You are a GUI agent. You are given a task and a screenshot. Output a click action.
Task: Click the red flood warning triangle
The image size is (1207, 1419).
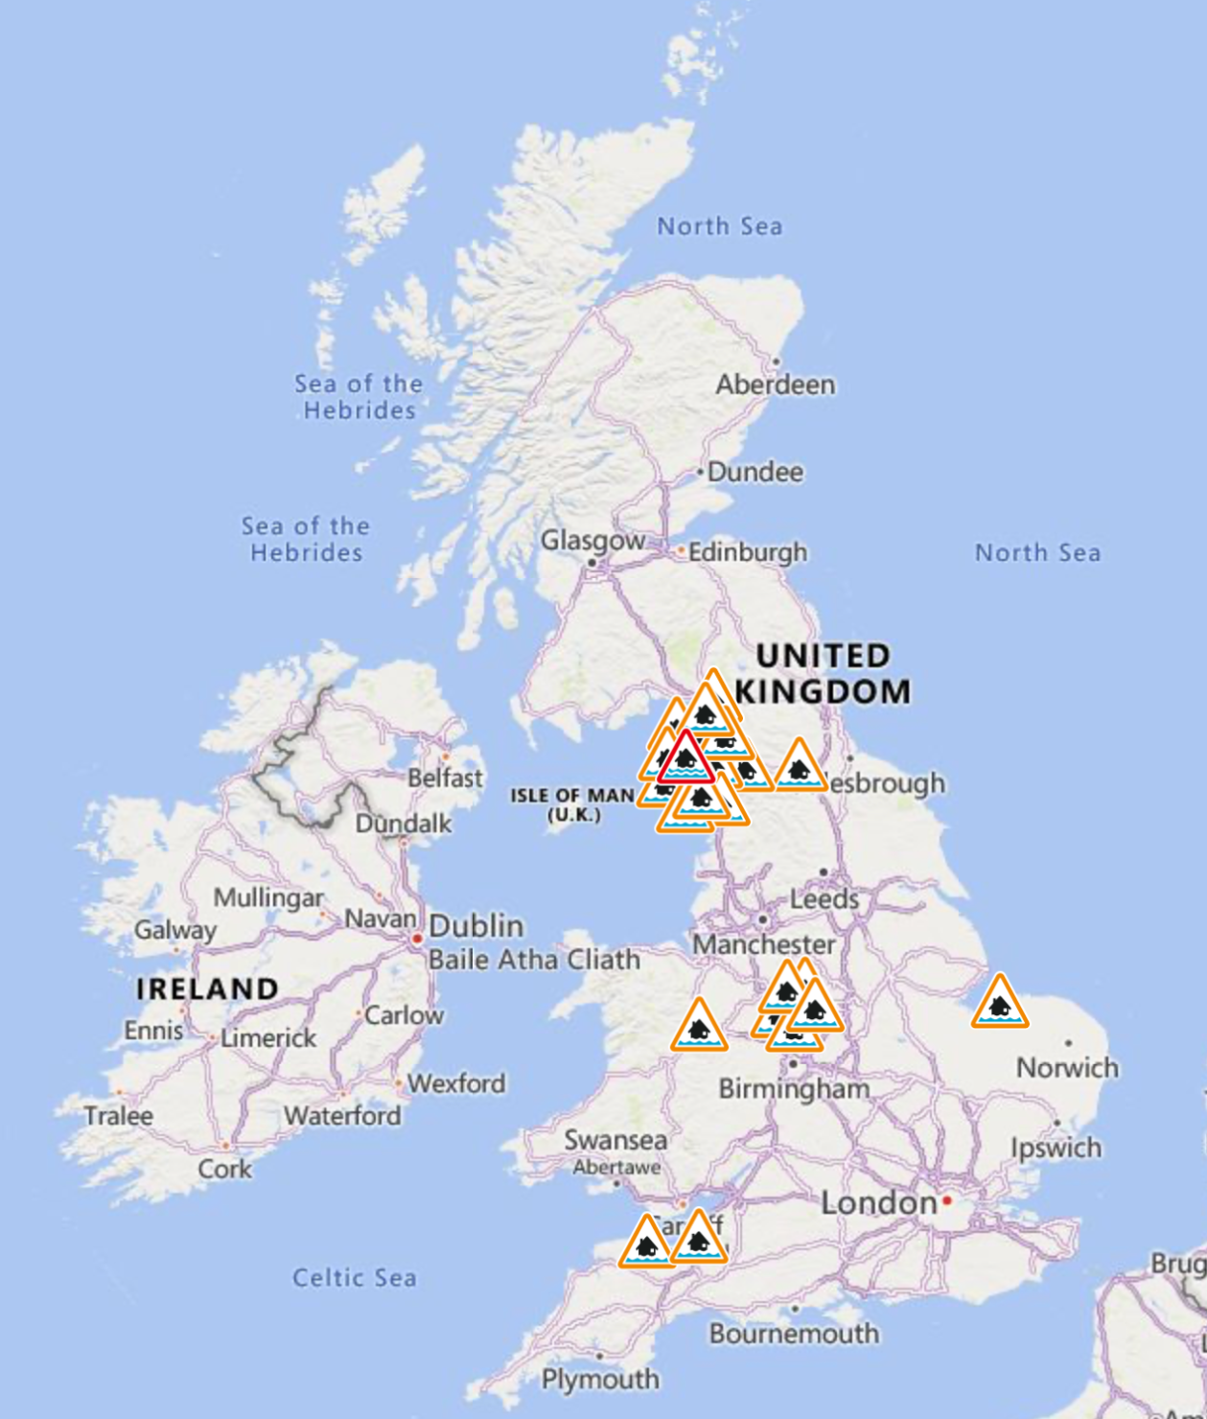click(x=686, y=759)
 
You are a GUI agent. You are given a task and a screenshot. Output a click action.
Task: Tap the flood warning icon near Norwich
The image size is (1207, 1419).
click(x=1000, y=1004)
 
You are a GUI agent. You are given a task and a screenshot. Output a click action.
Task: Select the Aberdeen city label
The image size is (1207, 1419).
click(x=775, y=384)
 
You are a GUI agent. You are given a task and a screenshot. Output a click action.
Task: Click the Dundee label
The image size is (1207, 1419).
click(x=754, y=472)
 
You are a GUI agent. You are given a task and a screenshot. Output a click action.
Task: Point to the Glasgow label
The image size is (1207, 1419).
click(x=592, y=541)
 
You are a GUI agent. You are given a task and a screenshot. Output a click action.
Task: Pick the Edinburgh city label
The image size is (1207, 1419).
click(x=747, y=552)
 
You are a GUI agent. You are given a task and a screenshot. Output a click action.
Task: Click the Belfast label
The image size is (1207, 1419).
click(x=445, y=778)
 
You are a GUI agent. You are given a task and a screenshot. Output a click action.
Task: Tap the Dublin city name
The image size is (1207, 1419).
click(x=476, y=926)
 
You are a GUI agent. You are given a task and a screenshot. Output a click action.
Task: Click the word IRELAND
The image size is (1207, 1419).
click(x=207, y=989)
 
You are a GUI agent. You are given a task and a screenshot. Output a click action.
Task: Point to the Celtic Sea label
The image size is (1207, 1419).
click(x=355, y=1278)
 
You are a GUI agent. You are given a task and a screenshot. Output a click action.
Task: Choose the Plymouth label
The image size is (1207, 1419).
click(x=600, y=1379)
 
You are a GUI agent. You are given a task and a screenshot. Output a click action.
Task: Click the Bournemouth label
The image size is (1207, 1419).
click(x=794, y=1334)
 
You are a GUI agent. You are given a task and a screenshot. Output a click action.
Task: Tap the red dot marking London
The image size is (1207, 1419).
click(x=947, y=1200)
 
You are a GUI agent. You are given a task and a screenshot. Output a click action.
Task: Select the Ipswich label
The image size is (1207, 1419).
click(x=1056, y=1148)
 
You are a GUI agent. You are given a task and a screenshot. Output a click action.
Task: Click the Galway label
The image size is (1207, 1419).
click(x=175, y=930)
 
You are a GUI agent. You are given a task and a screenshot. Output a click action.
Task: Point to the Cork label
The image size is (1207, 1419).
click(x=224, y=1169)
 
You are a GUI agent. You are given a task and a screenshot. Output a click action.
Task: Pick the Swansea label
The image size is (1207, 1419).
click(x=615, y=1140)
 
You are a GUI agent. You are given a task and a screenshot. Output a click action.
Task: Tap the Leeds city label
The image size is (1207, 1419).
click(x=824, y=899)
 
